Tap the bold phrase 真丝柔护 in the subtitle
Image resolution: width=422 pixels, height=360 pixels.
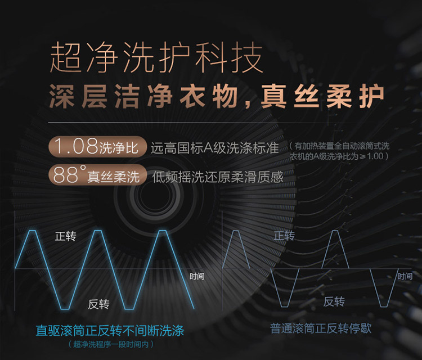click(x=322, y=96)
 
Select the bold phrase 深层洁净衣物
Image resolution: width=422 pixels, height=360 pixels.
click(x=143, y=96)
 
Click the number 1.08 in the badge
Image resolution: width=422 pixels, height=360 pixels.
click(x=76, y=146)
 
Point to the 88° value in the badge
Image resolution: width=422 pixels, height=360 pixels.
click(x=69, y=174)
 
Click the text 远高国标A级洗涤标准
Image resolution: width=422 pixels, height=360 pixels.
click(x=214, y=148)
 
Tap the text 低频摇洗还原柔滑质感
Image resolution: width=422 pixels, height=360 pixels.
click(x=218, y=177)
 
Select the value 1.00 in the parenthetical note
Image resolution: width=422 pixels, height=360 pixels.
click(x=375, y=156)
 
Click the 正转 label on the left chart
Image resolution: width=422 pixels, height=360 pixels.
click(x=65, y=236)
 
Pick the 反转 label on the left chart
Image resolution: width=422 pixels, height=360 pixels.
click(x=98, y=304)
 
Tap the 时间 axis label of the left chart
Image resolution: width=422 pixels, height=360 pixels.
click(x=197, y=276)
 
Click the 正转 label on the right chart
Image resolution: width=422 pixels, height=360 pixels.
click(x=284, y=236)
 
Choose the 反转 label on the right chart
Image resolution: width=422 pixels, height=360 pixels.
click(x=334, y=301)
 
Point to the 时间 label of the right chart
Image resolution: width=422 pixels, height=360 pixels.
click(x=405, y=276)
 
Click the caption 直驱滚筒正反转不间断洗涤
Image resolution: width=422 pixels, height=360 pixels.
click(x=110, y=331)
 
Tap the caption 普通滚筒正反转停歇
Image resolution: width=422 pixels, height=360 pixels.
click(x=321, y=328)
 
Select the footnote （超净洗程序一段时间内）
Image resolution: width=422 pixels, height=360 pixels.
click(x=110, y=344)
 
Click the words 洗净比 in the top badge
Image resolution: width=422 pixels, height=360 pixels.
click(x=119, y=148)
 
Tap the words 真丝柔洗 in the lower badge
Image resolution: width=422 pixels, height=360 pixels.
click(x=113, y=177)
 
